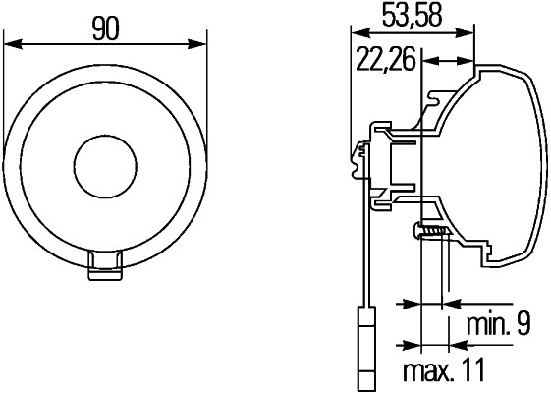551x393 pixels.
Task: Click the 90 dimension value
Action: click(106, 29)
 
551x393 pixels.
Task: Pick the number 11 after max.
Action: click(474, 371)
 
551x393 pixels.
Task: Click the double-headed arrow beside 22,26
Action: click(436, 61)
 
